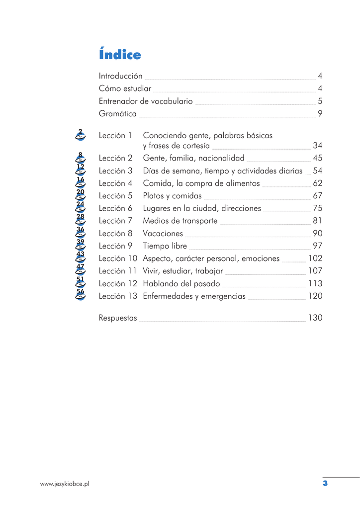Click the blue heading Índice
pos(120,55)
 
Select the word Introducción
pos(121,76)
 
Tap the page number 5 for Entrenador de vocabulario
pos(320,101)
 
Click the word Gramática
pos(118,114)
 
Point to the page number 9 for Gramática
pos(320,114)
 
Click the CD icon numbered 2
pos(80,134)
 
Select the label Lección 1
pos(115,135)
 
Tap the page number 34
pos(318,146)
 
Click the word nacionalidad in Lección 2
pos(221,158)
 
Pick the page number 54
pos(318,170)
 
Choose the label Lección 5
pos(115,196)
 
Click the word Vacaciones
pos(163,234)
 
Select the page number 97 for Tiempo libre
pos(318,246)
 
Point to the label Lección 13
pos(118,296)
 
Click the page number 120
pos(315,296)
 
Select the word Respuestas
pos(118,318)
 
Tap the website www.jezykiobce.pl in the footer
pos(65,483)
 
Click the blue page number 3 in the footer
pos(325,483)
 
